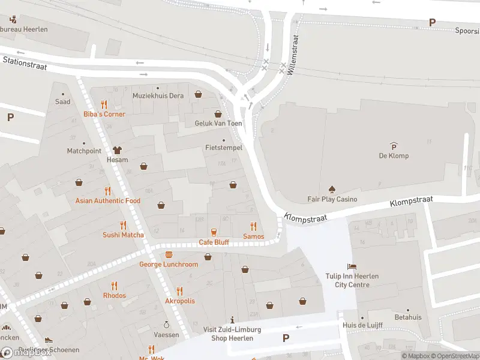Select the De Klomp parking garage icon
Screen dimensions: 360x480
tap(394, 146)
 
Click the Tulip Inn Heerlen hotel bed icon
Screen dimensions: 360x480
tap(352, 266)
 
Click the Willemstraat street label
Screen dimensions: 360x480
tap(293, 53)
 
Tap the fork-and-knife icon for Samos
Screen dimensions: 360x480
tap(253, 226)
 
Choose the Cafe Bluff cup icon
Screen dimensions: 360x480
tap(214, 232)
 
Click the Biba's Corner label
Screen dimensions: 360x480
tap(104, 114)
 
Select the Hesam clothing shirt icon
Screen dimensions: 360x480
tap(117, 150)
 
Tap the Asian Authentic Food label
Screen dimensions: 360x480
tap(108, 201)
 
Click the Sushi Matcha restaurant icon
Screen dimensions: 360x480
tap(123, 225)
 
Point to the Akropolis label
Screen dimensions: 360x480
tap(180, 301)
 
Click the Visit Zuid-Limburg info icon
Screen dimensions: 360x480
tap(232, 320)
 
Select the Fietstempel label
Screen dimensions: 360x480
tap(223, 147)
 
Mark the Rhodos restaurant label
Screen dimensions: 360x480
tap(114, 296)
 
